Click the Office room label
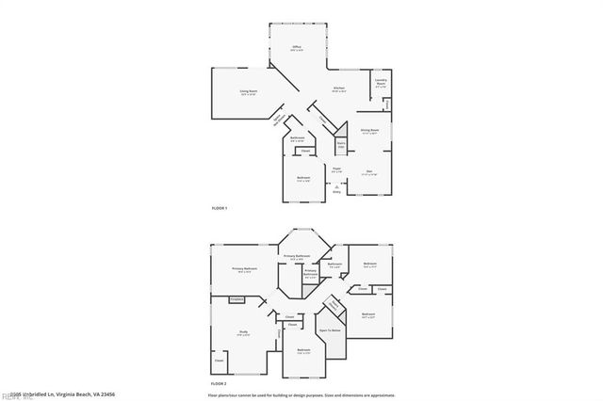(296, 47)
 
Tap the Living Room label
(248, 92)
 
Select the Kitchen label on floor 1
(339, 89)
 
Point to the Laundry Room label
(382, 82)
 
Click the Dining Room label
(370, 131)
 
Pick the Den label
(369, 171)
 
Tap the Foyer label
(336, 169)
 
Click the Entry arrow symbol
(336, 187)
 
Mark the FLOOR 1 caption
(219, 207)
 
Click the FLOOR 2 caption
(219, 385)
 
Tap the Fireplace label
(236, 299)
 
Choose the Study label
(243, 331)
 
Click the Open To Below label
(329, 331)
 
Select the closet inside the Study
(220, 361)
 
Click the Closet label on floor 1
(305, 151)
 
